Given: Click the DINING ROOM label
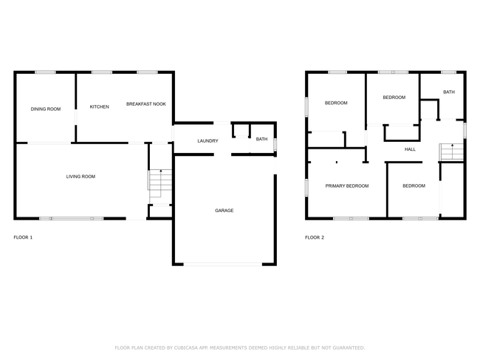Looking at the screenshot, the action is pos(46,109).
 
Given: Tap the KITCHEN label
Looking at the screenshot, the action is pos(99,106).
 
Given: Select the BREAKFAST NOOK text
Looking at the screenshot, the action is pos(146,104).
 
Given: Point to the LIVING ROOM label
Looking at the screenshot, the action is pos(80,177).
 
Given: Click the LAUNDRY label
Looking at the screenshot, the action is pos(208,141).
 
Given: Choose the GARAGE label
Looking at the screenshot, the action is pos(224,211).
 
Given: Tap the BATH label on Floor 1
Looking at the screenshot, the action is pos(261,139).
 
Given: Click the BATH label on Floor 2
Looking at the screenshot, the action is pos(449,92).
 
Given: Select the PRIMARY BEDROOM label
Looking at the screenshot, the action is pos(347,186).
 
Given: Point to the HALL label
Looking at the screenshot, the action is pos(410,149).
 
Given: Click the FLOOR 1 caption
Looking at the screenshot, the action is pos(23,237).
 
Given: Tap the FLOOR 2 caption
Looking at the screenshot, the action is pos(315,237).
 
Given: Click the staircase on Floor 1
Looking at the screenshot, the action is pos(160,183).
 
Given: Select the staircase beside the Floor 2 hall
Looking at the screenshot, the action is pos(451,152).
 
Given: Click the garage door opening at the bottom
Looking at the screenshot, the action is pos(223,264).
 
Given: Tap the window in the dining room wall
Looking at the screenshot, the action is pos(45,72).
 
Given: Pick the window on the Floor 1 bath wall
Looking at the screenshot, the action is pos(275,144).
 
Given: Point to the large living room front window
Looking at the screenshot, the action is pos(72,219).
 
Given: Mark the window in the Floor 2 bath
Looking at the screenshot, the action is pos(449,72).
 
